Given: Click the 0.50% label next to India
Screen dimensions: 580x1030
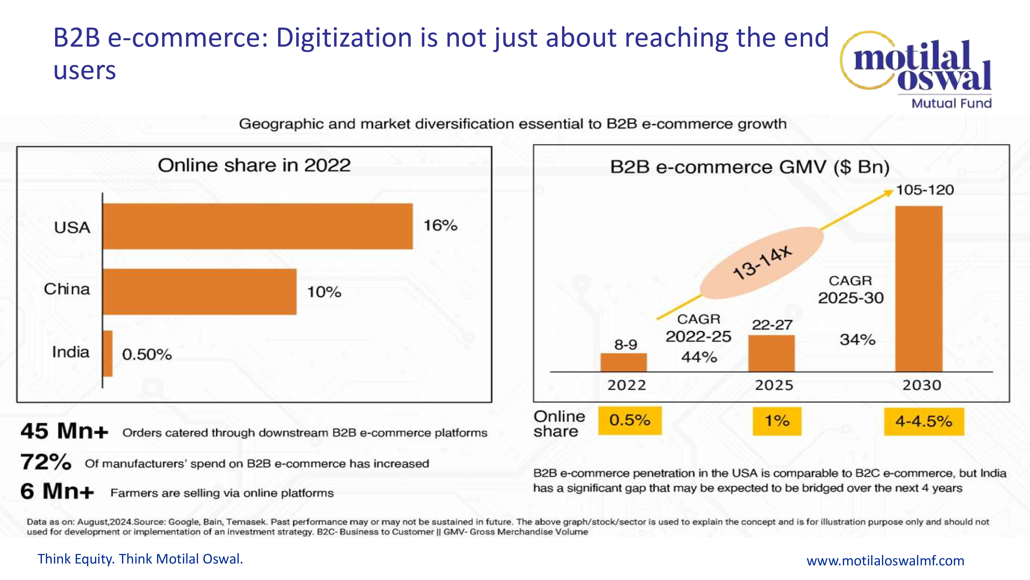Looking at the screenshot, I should point(147,354).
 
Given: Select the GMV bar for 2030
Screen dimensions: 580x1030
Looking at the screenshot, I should point(919,289).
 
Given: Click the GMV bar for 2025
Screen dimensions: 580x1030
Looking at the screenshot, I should point(771,353).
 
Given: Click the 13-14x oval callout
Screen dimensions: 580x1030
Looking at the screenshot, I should point(762,263).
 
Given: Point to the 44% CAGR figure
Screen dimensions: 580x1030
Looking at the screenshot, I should point(699,357).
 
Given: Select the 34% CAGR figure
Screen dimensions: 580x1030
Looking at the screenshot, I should point(857,339).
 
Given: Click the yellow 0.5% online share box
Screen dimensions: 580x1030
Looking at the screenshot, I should point(630,420).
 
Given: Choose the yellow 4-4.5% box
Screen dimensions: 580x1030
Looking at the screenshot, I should point(924,421).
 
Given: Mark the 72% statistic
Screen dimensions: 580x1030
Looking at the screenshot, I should point(46,462).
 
